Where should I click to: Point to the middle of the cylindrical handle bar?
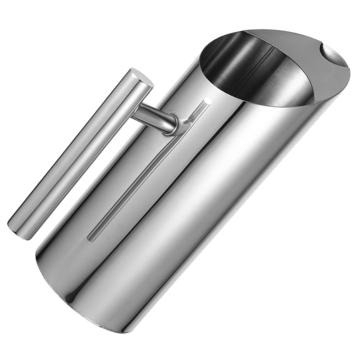click(x=80, y=153)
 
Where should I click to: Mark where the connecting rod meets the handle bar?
click(x=136, y=112)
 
